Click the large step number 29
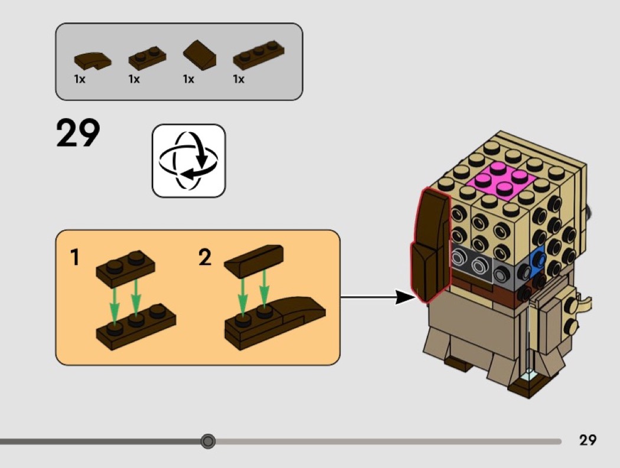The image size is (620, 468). click(79, 133)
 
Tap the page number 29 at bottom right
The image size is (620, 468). click(588, 440)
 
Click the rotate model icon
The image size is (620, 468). click(189, 161)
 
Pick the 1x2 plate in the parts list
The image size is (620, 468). click(147, 57)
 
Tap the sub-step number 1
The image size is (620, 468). click(74, 257)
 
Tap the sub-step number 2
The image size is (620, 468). click(204, 257)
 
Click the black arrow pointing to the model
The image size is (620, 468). click(378, 297)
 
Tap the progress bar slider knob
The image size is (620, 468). click(208, 441)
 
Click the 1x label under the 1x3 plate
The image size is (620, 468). click(239, 79)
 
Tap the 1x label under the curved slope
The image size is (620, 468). click(80, 79)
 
